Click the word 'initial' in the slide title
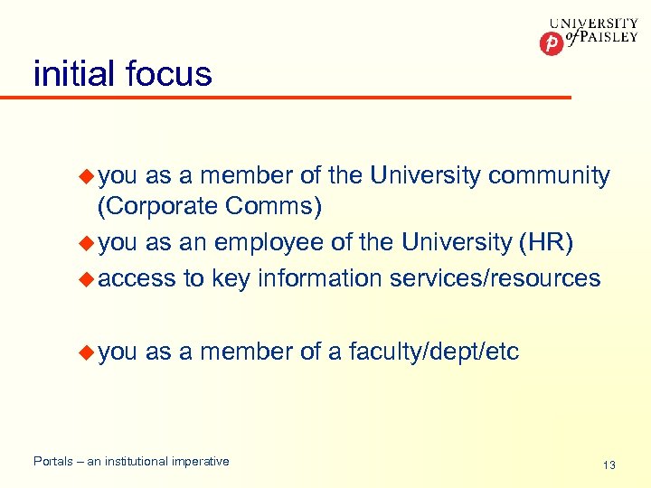tap(75, 73)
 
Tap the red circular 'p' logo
tap(551, 42)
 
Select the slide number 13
tap(609, 465)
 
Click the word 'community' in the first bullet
tap(549, 175)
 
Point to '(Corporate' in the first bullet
tap(158, 207)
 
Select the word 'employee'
tap(293, 242)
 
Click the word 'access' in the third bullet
tap(137, 278)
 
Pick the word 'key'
tap(231, 278)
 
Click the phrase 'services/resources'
tap(495, 278)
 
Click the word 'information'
tap(320, 278)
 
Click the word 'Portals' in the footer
tap(53, 462)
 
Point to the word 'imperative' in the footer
tap(200, 462)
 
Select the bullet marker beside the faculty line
tap(87, 351)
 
